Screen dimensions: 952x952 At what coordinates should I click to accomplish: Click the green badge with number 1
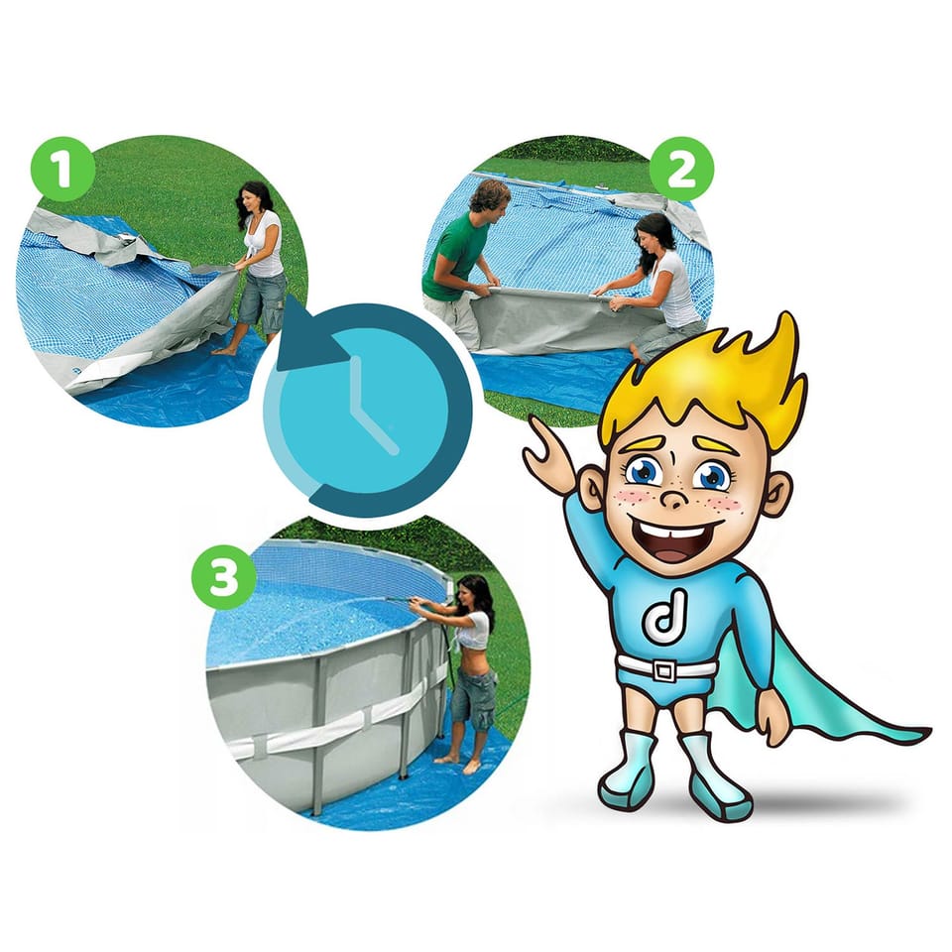[x=62, y=170]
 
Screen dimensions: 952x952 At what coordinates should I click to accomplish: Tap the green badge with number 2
[x=681, y=170]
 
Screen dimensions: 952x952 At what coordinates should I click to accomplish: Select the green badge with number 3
[x=224, y=576]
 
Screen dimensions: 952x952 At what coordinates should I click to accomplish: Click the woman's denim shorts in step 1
[x=262, y=300]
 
